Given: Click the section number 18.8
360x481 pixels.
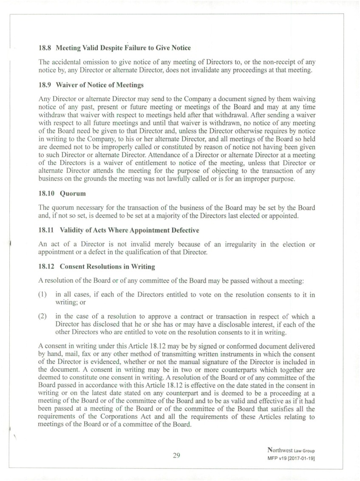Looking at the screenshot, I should pyautogui.click(x=45, y=48).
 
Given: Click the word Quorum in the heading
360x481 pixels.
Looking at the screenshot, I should pyautogui.click(x=73, y=194).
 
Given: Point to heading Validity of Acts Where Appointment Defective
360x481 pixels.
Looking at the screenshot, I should pyautogui.click(x=129, y=230).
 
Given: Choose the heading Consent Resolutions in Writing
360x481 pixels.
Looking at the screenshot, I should pyautogui.click(x=107, y=267).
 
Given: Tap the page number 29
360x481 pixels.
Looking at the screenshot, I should pyautogui.click(x=177, y=456).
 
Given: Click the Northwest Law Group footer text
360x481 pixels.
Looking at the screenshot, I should pyautogui.click(x=291, y=450).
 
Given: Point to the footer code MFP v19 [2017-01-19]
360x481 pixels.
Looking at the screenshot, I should pyautogui.click(x=291, y=459).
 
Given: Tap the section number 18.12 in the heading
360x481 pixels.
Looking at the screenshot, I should pyautogui.click(x=47, y=267).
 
